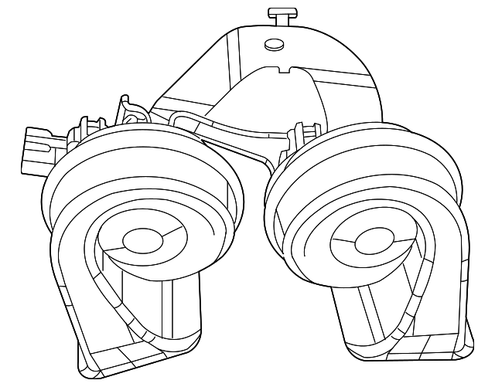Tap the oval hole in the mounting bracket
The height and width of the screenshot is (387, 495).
click(x=273, y=45)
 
